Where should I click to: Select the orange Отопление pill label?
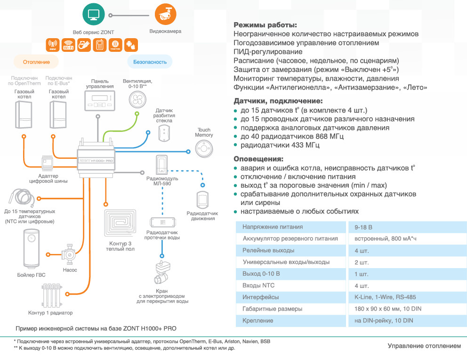tap(36, 62)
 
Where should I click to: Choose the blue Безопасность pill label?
tap(150, 62)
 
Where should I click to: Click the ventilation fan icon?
tap(138, 98)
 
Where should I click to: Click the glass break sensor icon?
tap(164, 134)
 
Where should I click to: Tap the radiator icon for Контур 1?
tap(52, 295)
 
